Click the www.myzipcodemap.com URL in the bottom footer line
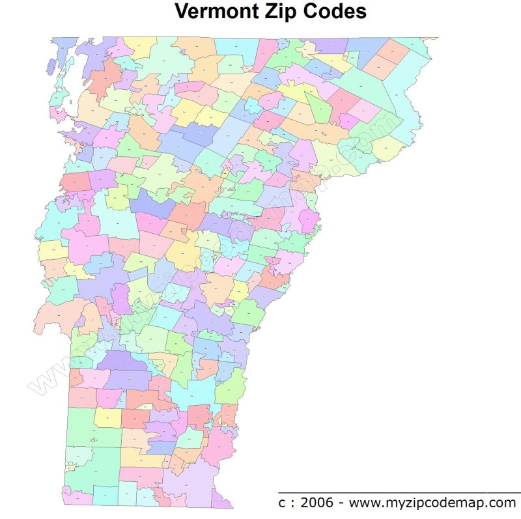(432, 503)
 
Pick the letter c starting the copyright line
(282, 503)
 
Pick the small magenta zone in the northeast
(348, 121)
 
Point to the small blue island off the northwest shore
(51, 66)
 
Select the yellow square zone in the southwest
(107, 417)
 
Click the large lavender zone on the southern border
(189, 483)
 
